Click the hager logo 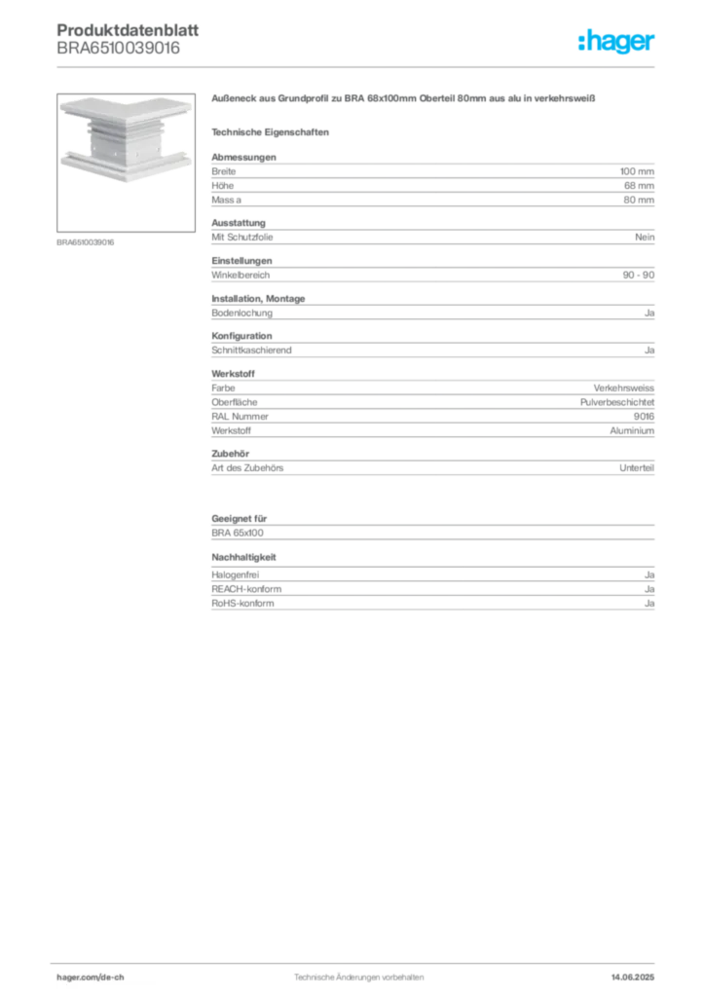(x=616, y=41)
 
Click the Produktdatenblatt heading (x=128, y=30)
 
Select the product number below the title (x=118, y=49)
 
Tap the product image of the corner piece (x=126, y=163)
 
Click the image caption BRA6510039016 (x=85, y=242)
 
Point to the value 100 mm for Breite (x=637, y=171)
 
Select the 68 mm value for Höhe (x=639, y=186)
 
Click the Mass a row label (x=226, y=200)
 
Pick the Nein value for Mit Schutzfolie (x=645, y=238)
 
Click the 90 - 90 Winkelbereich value (x=638, y=275)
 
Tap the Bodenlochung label (x=242, y=313)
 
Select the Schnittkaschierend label (x=252, y=350)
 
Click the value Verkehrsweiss (x=623, y=388)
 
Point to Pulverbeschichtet (x=617, y=402)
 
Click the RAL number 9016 (x=644, y=417)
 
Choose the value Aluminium (x=632, y=430)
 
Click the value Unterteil (x=637, y=468)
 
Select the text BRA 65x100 (x=238, y=533)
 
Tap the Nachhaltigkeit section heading (x=244, y=557)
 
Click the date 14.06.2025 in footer (x=633, y=978)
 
